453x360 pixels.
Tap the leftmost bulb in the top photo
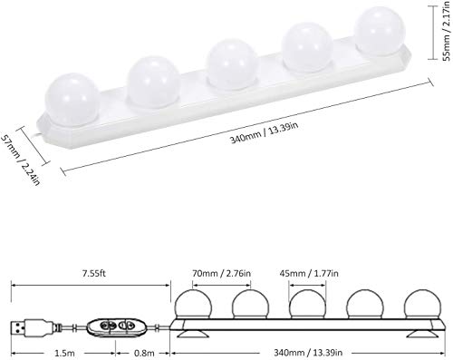[x=72, y=90]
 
